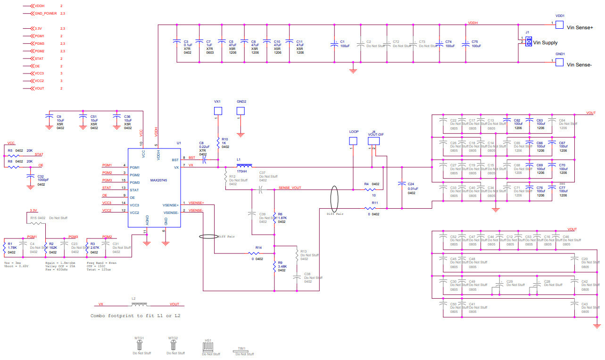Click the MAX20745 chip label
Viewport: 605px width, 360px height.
[x=159, y=180]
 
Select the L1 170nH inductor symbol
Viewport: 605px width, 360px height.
[x=245, y=166]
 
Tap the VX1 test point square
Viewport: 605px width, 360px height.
[x=218, y=111]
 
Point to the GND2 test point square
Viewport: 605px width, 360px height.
[x=240, y=111]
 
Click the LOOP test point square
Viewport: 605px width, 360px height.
[x=353, y=141]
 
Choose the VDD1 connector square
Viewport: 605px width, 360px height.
[x=559, y=24]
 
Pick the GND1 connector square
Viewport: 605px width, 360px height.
[x=559, y=62]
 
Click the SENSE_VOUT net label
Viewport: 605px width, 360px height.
[x=290, y=188]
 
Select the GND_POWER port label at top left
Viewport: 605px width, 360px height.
[x=45, y=14]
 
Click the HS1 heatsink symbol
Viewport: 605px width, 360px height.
[x=207, y=347]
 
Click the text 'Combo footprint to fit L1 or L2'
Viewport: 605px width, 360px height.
[x=135, y=315]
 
